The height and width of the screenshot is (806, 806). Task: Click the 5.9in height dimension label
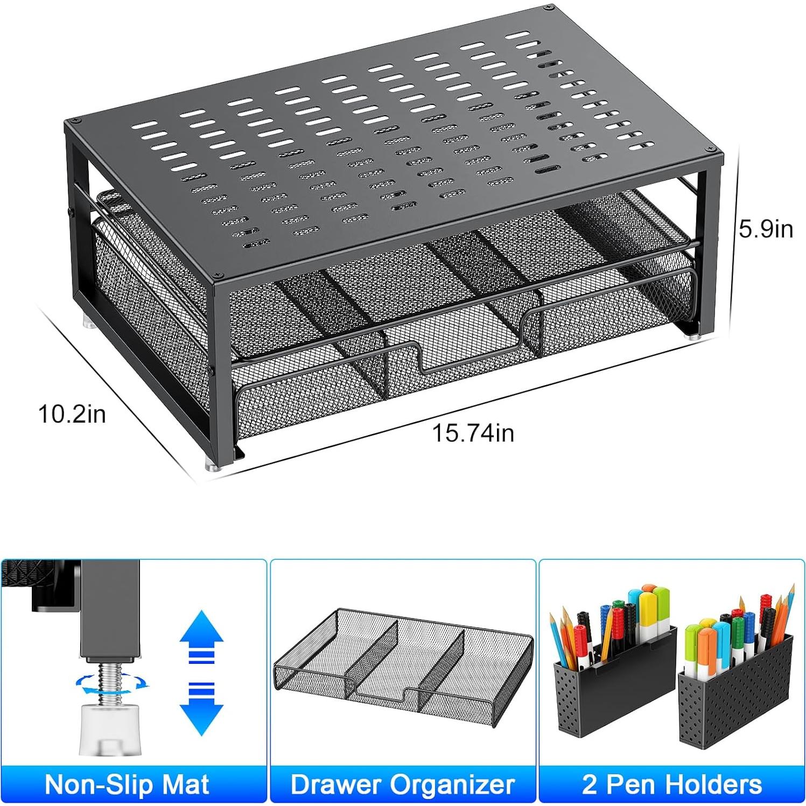tap(765, 229)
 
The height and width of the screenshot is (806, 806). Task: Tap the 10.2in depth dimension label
tap(72, 414)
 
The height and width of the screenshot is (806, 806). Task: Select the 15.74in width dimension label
tap(473, 433)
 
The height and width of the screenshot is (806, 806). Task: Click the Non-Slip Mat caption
tap(127, 784)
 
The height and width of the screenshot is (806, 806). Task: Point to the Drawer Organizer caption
tap(403, 784)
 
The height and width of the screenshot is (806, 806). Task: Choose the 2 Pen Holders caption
tap(672, 784)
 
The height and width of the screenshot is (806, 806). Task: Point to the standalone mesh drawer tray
tap(403, 662)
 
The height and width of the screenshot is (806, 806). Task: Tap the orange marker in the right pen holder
tap(707, 646)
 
